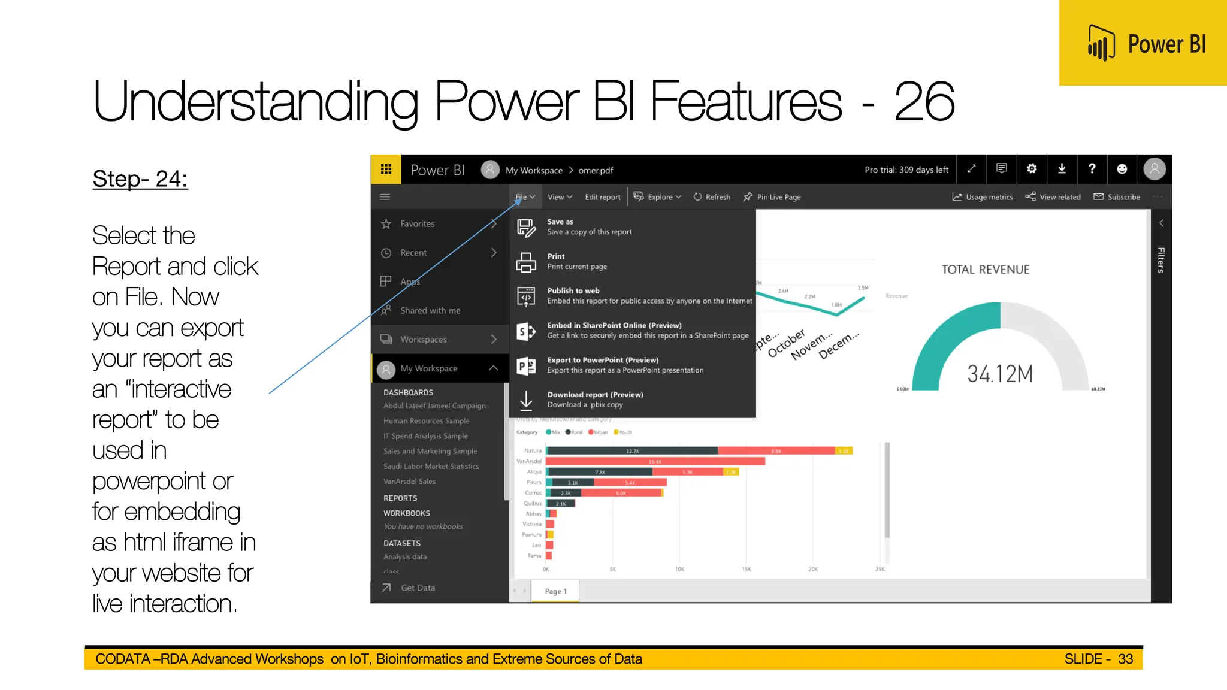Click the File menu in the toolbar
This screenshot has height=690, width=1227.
click(525, 197)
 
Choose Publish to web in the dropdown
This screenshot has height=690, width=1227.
click(573, 291)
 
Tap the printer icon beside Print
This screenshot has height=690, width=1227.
click(526, 262)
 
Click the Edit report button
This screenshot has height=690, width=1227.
click(602, 197)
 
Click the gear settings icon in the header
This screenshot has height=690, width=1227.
click(1032, 169)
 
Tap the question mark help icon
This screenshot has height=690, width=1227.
click(1092, 169)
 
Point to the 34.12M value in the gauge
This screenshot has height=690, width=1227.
click(1000, 374)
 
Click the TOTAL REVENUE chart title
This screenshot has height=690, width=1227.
click(986, 270)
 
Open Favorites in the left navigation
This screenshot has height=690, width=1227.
click(418, 224)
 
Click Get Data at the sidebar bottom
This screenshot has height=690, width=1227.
click(418, 588)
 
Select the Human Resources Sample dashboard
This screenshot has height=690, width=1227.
click(426, 421)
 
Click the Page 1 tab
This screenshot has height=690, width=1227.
click(555, 591)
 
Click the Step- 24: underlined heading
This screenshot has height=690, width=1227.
click(140, 179)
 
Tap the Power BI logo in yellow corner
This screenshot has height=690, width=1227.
click(1146, 44)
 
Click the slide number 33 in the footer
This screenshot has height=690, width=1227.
click(1125, 659)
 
